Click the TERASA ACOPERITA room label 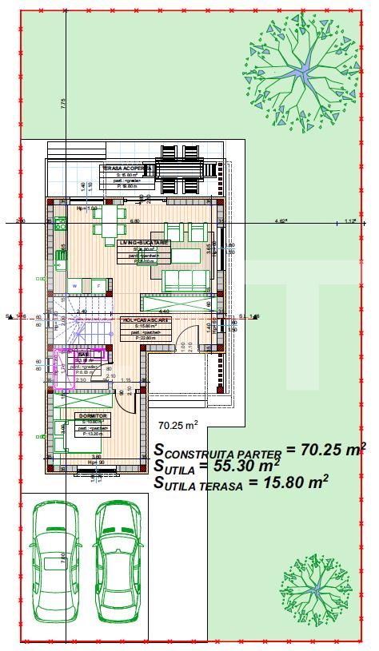click(x=122, y=169)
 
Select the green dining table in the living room click(x=108, y=221)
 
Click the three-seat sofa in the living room click(x=186, y=280)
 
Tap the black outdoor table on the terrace click(x=183, y=169)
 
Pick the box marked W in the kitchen click(x=74, y=284)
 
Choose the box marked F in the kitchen click(x=98, y=284)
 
